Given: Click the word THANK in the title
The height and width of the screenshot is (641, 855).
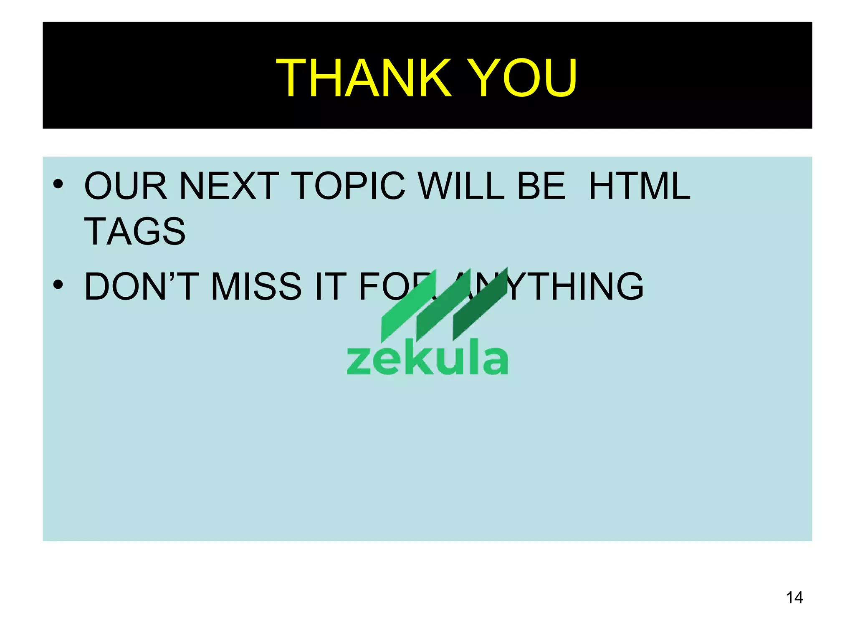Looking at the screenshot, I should tap(363, 78).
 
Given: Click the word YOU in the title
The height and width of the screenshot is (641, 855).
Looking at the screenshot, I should tap(522, 78).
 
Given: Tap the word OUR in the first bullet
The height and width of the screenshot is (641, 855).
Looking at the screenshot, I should tap(126, 186).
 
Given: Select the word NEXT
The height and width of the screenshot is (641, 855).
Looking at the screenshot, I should tap(229, 186).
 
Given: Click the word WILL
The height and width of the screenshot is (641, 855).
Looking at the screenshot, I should tap(462, 186).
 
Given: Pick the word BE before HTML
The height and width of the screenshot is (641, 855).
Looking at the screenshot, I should tap(541, 186).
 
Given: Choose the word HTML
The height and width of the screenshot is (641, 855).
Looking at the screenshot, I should tap(640, 186).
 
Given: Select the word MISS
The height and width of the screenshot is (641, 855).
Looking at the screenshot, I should tap(256, 287).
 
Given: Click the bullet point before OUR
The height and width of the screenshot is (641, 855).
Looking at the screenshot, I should tap(58, 184).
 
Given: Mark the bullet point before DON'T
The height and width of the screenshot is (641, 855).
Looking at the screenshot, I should tap(58, 285).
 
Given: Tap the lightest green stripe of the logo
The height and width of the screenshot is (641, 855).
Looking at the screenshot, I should tap(407, 307).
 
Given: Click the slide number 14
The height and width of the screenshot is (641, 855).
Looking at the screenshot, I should tap(794, 598).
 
